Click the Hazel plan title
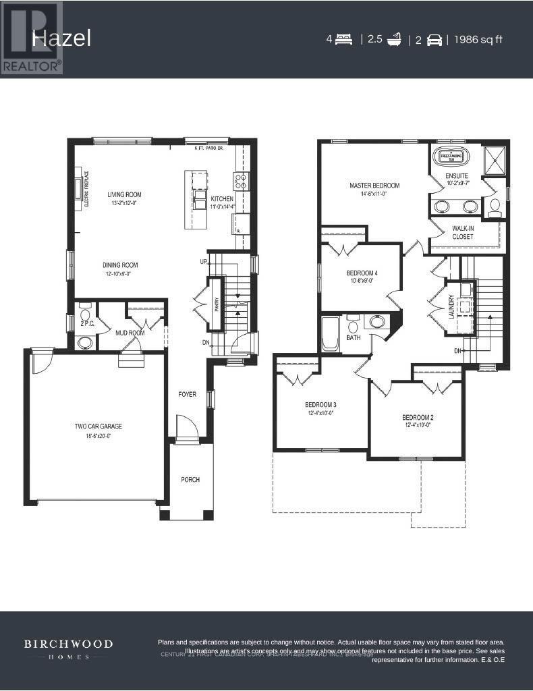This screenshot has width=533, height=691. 61,38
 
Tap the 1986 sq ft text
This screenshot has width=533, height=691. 478,39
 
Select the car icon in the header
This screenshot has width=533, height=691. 434,40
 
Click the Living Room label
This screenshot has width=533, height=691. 124,194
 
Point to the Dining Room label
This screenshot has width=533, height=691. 120,265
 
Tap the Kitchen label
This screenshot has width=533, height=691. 222,199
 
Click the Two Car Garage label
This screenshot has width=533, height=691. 98,426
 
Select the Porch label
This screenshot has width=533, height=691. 190,480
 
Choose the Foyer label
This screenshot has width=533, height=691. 187,394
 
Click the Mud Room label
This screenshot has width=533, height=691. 130,333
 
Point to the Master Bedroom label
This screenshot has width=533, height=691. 374,186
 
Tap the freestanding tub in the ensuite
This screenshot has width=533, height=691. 450,156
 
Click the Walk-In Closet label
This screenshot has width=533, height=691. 463,233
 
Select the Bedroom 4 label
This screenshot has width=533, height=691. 362,273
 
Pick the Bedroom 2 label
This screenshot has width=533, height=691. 417,417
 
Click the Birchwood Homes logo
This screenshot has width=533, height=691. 69,650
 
